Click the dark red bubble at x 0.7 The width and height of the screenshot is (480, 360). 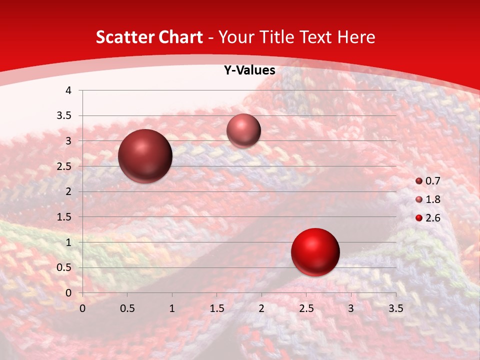(x=145, y=156)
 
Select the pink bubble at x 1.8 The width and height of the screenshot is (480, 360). (x=243, y=130)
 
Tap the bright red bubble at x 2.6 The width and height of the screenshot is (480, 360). (x=315, y=252)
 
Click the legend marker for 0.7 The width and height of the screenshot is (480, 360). (x=419, y=181)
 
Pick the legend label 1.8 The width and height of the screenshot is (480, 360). (x=432, y=199)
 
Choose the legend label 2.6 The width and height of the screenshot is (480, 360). (x=432, y=218)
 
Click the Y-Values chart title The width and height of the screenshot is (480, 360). (x=249, y=70)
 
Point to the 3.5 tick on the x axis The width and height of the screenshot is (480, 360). (x=395, y=308)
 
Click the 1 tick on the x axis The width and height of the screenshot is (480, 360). (x=172, y=308)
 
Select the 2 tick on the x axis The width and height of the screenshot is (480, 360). (x=261, y=308)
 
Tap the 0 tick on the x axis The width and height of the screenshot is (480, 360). (x=82, y=308)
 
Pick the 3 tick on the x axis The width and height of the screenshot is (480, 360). (x=351, y=308)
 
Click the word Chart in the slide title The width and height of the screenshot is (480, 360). (x=178, y=37)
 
